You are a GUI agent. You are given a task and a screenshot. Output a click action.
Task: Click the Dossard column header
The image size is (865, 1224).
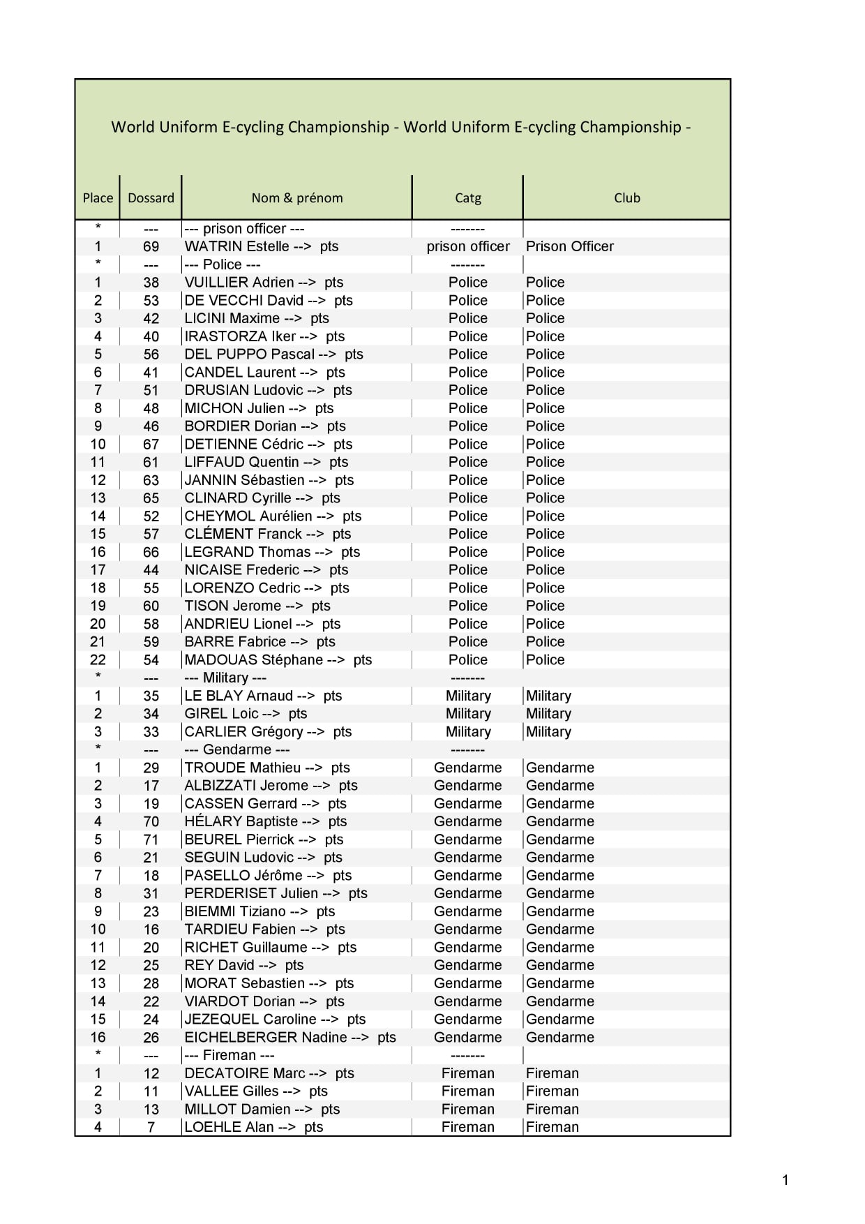tap(151, 198)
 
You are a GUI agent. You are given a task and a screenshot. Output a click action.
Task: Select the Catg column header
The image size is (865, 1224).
tap(467, 198)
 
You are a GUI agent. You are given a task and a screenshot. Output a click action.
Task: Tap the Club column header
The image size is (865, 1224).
tap(626, 198)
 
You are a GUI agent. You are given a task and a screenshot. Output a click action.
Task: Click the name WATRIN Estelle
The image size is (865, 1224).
tap(236, 246)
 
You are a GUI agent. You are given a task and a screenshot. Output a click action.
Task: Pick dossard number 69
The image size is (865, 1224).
tap(151, 247)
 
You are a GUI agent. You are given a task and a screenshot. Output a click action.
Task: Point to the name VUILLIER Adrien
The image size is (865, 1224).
tap(239, 283)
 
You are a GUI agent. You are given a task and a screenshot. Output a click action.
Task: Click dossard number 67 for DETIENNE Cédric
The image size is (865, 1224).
tap(151, 445)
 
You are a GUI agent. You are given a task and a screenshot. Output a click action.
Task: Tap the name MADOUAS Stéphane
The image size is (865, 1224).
tap(253, 660)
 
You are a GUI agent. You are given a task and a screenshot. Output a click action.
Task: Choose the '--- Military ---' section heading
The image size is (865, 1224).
tap(225, 678)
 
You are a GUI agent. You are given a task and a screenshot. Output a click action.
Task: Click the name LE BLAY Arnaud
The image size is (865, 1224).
tap(239, 696)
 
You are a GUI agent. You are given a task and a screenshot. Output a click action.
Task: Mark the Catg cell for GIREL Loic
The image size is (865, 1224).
tap(468, 714)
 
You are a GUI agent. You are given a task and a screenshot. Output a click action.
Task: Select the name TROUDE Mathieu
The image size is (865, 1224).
tap(243, 768)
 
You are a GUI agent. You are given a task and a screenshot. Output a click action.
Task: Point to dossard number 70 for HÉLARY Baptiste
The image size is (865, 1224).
tap(151, 822)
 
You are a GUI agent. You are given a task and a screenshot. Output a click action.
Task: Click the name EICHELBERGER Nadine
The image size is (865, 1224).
tap(266, 1038)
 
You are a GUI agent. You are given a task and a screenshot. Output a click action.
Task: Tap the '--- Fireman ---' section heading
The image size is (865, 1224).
tap(229, 1056)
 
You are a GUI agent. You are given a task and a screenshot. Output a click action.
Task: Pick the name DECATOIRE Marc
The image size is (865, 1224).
tap(245, 1073)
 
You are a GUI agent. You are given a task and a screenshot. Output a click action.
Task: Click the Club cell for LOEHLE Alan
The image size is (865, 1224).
tap(552, 1127)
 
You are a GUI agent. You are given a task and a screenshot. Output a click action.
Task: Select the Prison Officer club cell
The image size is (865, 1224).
tap(569, 246)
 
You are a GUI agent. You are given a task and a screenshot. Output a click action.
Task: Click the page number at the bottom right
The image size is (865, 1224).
tap(785, 1180)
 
